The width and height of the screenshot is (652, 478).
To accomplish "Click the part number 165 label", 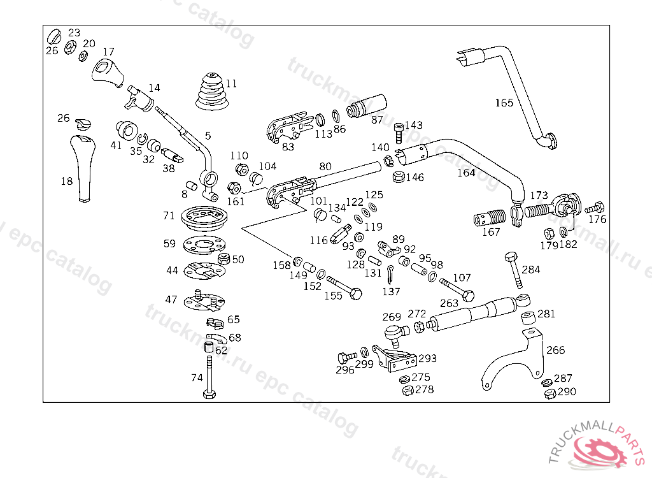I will (x=504, y=103).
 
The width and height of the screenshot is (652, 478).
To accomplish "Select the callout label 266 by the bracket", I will (x=555, y=350).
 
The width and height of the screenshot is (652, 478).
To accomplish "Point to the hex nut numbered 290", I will (x=549, y=395).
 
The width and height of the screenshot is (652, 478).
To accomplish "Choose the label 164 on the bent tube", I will (x=466, y=173).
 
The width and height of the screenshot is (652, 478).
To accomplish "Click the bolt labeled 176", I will (x=596, y=207).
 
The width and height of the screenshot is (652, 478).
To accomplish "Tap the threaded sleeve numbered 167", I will (x=488, y=220).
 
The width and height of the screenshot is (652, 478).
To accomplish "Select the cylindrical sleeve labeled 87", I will (x=368, y=106).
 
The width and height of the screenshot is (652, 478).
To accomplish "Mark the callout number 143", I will (x=413, y=125).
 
